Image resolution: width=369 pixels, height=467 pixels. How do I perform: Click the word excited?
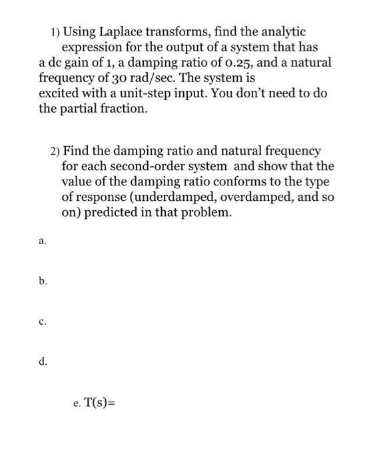coord(61,93)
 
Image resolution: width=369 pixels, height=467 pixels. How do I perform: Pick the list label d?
coord(43,362)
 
